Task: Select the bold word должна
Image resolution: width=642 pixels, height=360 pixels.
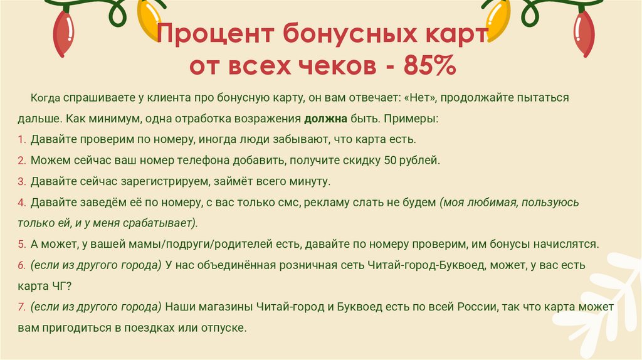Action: [x=325, y=118]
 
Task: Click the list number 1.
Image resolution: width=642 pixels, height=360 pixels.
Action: [x=21, y=139]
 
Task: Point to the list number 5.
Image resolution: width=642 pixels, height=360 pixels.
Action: [x=21, y=243]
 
